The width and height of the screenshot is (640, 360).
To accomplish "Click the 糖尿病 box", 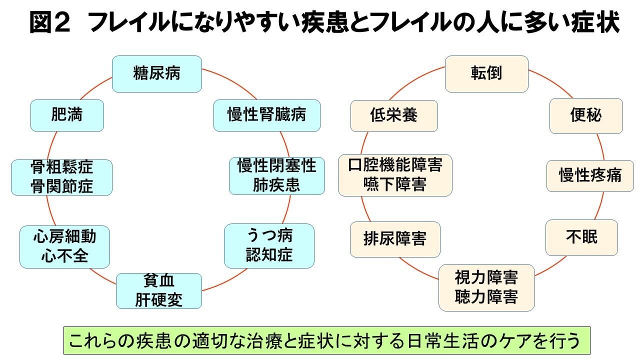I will [156, 73].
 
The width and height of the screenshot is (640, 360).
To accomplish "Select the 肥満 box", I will [67, 115].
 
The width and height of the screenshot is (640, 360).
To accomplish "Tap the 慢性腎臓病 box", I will [266, 115].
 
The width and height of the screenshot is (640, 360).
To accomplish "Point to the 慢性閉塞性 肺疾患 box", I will [276, 176].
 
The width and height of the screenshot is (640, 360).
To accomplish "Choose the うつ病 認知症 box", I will [269, 245].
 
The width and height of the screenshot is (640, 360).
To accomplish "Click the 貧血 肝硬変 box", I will [159, 290].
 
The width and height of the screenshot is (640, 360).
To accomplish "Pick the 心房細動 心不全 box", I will [64, 246].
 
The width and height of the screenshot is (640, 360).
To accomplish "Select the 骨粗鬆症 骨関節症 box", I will [61, 177].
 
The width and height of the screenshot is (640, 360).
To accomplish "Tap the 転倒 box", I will [486, 73].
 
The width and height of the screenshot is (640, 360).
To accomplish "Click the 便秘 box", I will [585, 115].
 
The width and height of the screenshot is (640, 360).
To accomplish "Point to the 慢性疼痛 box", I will [590, 175].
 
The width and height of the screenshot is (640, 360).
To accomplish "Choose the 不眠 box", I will [581, 237].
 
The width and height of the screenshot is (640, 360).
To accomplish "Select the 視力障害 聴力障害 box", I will [486, 287].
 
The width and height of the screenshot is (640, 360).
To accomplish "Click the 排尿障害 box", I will [394, 239].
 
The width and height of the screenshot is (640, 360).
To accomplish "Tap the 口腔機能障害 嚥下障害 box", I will [395, 175].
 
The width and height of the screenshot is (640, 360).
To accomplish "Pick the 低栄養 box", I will [394, 115].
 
